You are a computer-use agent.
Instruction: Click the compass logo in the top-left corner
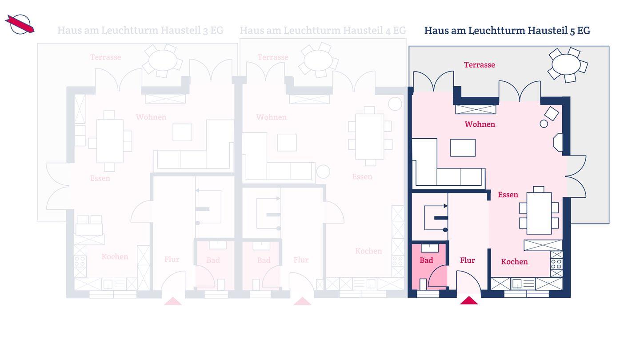click(20, 24)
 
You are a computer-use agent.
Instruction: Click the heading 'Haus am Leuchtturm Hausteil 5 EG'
click(507, 31)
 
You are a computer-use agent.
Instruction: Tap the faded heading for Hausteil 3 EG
click(140, 30)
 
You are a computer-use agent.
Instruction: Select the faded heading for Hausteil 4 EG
click(323, 30)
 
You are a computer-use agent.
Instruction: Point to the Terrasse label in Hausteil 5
click(480, 65)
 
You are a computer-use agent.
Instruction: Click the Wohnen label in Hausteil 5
click(480, 124)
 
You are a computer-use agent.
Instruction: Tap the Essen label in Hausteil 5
click(508, 195)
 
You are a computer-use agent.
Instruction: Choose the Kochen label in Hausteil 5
click(514, 262)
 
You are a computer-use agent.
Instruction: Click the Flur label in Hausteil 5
click(468, 260)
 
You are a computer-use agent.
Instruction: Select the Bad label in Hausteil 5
click(426, 260)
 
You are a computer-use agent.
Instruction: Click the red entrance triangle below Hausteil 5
click(468, 300)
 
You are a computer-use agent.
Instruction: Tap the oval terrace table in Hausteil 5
click(566, 64)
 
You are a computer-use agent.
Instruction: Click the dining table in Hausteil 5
click(539, 213)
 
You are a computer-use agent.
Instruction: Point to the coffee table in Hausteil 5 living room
click(463, 148)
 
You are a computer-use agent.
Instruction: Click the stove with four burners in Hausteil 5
click(556, 264)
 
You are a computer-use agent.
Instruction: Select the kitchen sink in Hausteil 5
click(517, 284)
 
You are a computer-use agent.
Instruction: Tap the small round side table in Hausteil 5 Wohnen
click(544, 124)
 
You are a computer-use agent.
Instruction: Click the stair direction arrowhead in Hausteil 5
click(445, 206)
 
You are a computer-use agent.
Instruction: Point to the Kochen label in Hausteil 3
click(115, 256)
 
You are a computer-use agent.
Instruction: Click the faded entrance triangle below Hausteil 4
click(302, 301)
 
